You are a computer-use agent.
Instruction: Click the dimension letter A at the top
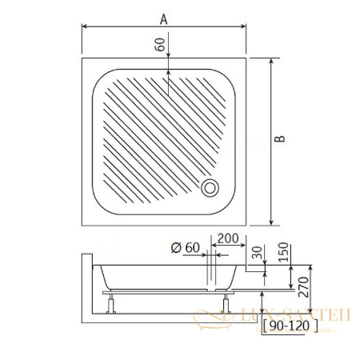pos(163,17)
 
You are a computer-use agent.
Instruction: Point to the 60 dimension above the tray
pos(160,46)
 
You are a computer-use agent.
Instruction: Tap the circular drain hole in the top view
pos(210,187)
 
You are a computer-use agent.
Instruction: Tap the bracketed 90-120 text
pos(289,326)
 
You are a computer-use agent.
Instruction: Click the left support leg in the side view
pos(110,303)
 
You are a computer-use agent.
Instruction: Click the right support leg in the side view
pos(227,303)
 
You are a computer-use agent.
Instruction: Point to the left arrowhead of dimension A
pos(85,27)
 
